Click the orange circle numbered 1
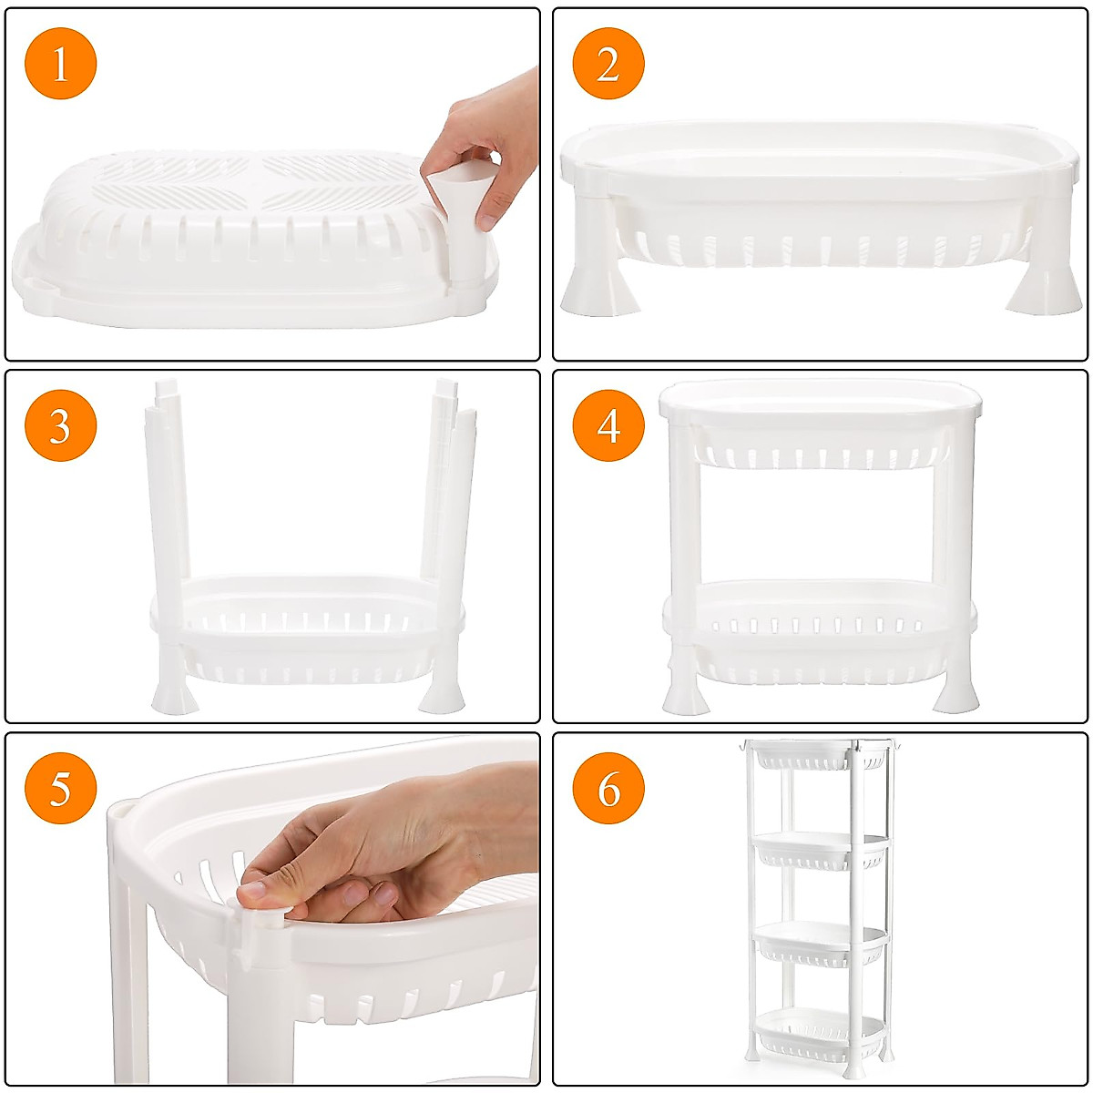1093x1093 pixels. tap(61, 63)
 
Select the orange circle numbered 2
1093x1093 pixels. tap(608, 63)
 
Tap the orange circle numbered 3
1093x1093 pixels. tap(61, 425)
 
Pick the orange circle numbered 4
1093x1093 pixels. tap(608, 425)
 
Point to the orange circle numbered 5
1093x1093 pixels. tap(61, 787)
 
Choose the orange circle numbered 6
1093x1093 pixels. tap(608, 787)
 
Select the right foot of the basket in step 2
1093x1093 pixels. tap(1043, 287)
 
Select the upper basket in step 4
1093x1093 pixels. tap(820, 428)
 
